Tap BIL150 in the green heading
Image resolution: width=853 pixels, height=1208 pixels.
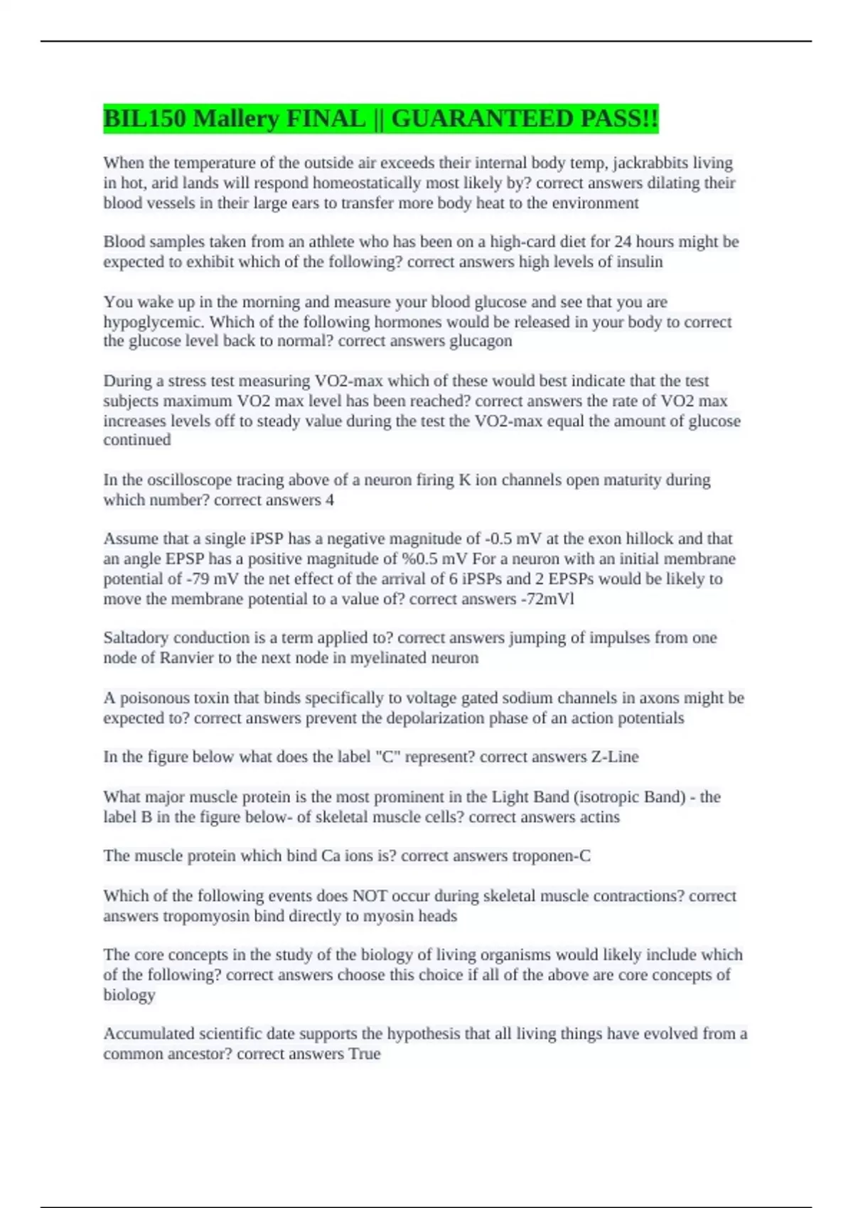coord(145,118)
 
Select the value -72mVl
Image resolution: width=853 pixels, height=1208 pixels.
coord(547,599)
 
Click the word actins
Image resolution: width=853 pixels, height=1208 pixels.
coord(600,817)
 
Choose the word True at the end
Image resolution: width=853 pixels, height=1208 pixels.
coord(365,1054)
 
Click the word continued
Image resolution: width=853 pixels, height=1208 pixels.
coord(136,440)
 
